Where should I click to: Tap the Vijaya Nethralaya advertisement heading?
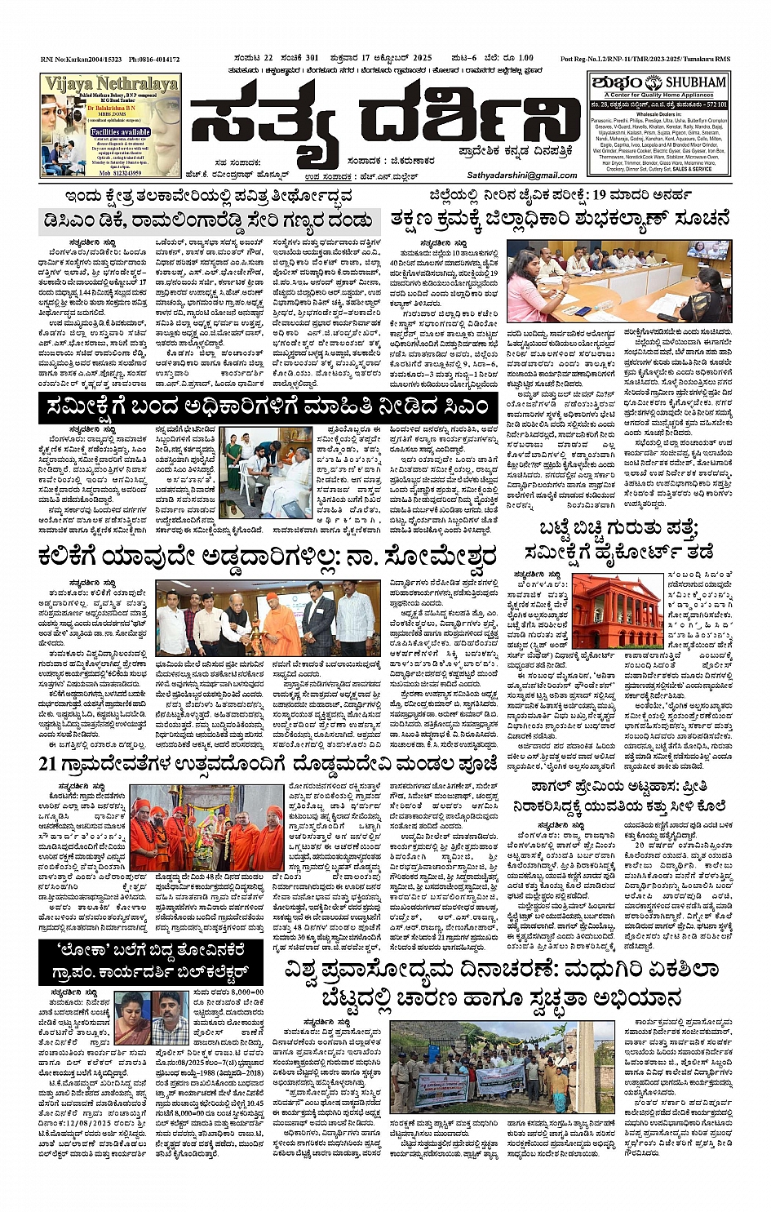(x=111, y=84)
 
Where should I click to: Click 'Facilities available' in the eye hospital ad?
(x=120, y=131)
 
